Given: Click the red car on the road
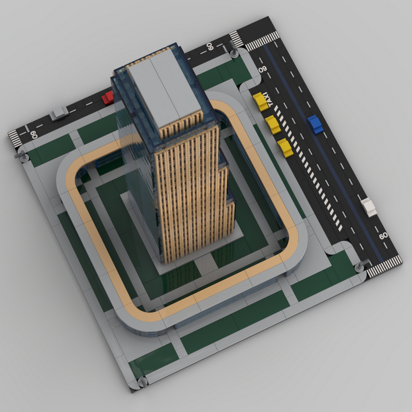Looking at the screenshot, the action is coord(108,98).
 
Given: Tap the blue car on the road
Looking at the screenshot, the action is coord(315,124).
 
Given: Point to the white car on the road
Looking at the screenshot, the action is coord(369,207).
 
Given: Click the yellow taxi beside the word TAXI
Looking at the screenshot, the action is coord(260,102).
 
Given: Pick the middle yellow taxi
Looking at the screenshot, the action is coord(273,125).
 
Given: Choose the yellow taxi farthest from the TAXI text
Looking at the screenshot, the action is coord(285,148).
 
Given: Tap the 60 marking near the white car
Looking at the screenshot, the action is coord(383,235).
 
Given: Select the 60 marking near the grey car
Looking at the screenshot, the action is coord(34,135).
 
